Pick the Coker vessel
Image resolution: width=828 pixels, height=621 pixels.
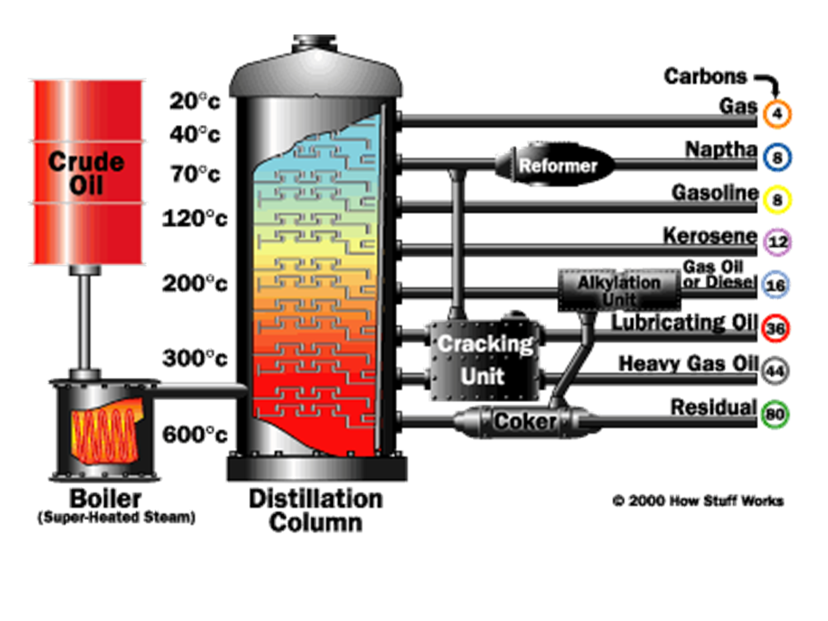[524, 422]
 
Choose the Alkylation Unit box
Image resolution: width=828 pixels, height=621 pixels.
[619, 291]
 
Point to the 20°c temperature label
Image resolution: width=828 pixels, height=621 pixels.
[195, 102]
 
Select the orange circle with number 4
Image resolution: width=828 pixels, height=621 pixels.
[776, 113]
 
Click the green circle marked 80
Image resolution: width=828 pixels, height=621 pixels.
[776, 415]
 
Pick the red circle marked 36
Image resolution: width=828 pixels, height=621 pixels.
[776, 328]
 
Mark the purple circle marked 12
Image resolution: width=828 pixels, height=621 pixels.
[776, 242]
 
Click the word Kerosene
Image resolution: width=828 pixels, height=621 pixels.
[710, 235]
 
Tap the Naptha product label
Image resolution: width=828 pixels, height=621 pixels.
[721, 150]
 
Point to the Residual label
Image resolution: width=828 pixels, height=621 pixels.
[713, 407]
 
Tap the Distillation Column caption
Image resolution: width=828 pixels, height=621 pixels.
[315, 510]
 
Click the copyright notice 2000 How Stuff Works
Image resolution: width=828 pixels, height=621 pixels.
[698, 500]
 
